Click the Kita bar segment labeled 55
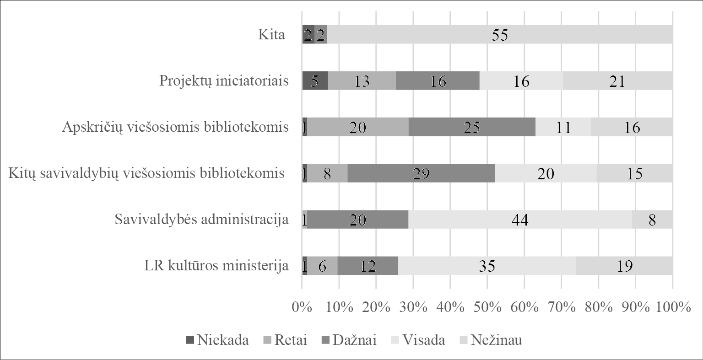pos(500,35)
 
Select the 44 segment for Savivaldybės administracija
pos(519,220)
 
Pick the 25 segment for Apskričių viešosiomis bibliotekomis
pos(472,127)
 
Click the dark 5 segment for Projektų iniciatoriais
pos(315,81)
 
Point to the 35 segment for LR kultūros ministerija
pos(487,266)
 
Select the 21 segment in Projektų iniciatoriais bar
pos(617,81)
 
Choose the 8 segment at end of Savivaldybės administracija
pos(652,220)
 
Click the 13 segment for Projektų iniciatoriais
pos(362,81)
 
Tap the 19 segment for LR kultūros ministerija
pos(624,266)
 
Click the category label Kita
pos(271,35)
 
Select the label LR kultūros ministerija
pos(216,266)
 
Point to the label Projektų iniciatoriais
pos(224,81)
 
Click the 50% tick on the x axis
pos(487,307)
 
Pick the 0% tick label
pos(302,307)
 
